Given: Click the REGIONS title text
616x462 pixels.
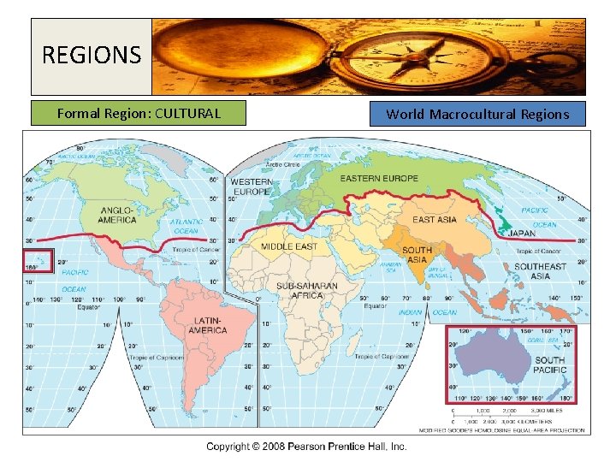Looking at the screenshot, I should tap(91, 56).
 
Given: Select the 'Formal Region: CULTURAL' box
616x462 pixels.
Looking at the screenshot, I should tap(139, 113).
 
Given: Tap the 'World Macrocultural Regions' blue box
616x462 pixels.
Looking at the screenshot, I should tap(477, 114).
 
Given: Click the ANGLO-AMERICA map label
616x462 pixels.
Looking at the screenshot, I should tap(117, 214).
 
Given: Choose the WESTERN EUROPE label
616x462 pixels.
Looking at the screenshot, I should tap(252, 187).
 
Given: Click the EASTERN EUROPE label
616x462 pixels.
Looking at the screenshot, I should tap(379, 178).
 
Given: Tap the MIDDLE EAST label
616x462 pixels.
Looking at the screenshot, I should tap(288, 246).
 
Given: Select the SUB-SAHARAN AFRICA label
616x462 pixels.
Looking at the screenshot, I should tap(306, 290).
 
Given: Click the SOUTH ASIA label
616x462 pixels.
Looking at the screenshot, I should tap(417, 254).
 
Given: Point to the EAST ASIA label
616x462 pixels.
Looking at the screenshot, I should tap(435, 220).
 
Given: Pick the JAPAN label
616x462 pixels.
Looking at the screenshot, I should tap(522, 233).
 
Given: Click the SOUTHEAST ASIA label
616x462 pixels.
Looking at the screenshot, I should tap(540, 270).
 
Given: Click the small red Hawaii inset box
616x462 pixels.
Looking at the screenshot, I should tap(38, 261).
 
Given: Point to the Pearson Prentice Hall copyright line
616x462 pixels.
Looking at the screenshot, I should tap(305, 446).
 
